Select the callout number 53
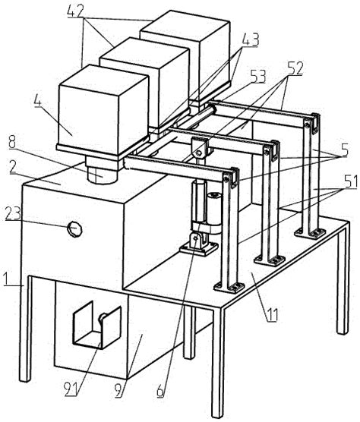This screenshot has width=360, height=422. coord(258,76)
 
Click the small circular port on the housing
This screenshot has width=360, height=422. coord(74,227)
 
